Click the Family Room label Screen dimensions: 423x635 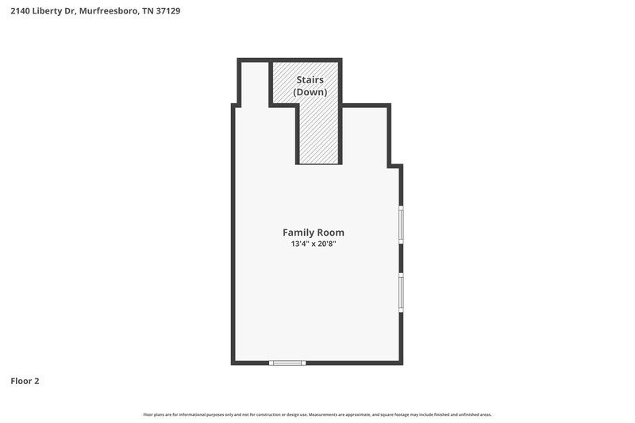click(314, 233)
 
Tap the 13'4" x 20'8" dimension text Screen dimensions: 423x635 click(314, 244)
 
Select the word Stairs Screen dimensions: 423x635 click(310, 80)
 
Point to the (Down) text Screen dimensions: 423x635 click(310, 92)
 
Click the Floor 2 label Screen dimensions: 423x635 click(25, 381)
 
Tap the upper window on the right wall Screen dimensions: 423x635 click(401, 224)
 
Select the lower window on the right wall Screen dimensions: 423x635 click(401, 291)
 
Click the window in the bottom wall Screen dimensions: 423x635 click(287, 363)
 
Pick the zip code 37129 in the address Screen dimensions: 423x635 click(167, 12)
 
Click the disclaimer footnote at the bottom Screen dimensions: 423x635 click(317, 414)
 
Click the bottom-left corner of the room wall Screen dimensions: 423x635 click(233, 363)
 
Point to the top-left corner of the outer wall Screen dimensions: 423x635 click(239, 60)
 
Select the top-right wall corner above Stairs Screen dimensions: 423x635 click(341, 60)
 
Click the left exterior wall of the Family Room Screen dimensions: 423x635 click(233, 238)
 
